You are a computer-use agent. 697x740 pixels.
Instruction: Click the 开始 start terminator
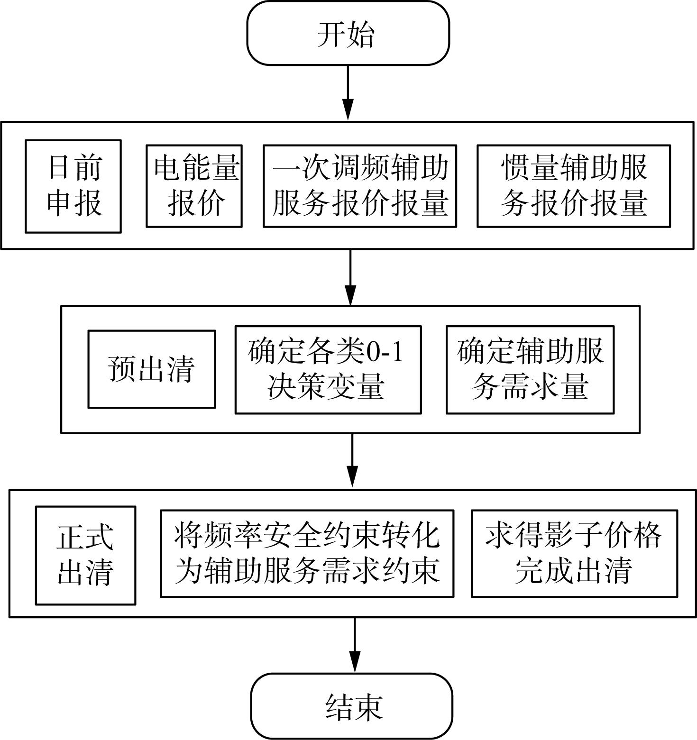348,33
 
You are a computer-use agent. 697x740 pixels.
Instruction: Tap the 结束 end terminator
351,706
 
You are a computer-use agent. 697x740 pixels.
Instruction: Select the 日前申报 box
73,186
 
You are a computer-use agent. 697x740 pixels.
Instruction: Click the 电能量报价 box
194,186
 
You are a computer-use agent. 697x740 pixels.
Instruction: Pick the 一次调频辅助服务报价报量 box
360,186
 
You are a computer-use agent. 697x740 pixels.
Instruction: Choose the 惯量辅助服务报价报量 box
574,186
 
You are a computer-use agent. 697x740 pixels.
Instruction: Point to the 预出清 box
152,369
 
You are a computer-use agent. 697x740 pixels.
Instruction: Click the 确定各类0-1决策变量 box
328,370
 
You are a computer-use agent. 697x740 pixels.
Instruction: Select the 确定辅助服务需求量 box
530,370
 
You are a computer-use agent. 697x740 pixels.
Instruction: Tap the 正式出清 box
86,555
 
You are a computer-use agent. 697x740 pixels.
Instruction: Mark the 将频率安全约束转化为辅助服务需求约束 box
307,554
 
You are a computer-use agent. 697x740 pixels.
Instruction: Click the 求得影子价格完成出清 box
574,554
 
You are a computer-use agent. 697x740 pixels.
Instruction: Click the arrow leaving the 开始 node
348,93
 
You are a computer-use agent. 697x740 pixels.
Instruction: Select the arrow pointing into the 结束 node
355,645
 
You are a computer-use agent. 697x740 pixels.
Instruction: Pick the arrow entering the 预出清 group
350,277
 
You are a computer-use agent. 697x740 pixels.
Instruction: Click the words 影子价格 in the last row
603,536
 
